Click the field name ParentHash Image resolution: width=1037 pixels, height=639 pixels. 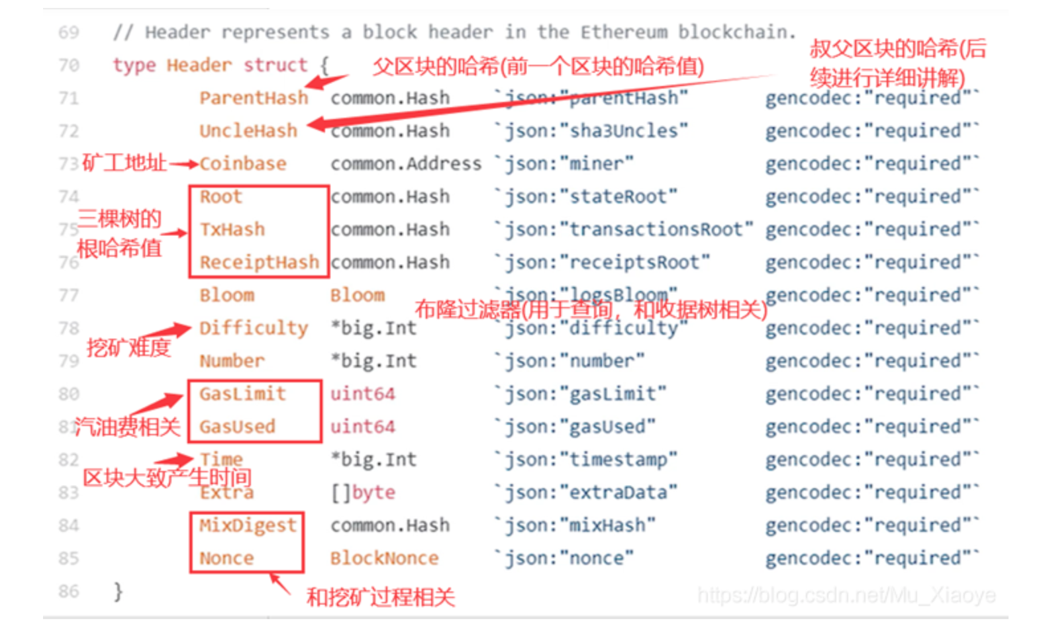click(254, 98)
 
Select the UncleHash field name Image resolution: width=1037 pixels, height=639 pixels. click(248, 131)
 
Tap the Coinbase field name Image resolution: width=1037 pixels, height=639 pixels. click(243, 163)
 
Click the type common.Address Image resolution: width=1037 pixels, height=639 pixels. click(406, 163)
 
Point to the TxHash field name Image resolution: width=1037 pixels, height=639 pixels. click(232, 230)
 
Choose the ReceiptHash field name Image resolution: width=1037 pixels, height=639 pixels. click(259, 263)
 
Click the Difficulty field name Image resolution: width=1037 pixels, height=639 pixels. click(254, 328)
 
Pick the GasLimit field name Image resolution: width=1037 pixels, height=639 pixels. click(243, 394)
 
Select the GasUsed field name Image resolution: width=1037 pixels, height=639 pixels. click(238, 427)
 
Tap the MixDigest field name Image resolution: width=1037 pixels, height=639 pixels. click(248, 525)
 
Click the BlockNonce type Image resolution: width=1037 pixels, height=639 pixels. click(384, 558)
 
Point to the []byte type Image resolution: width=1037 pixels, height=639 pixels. click(363, 492)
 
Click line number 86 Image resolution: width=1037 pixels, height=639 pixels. click(69, 591)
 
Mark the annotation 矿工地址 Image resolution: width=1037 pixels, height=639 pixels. click(124, 162)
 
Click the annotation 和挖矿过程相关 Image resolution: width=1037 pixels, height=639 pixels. click(380, 597)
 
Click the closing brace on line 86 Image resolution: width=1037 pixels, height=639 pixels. click(118, 591)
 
